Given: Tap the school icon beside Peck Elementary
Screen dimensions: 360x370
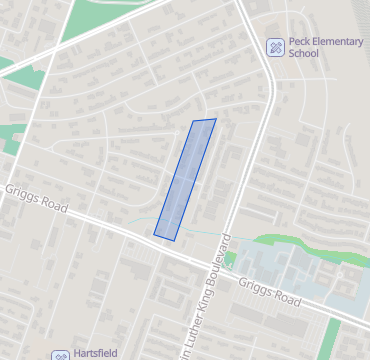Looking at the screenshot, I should [x=274, y=47].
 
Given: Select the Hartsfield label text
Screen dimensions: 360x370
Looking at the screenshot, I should [x=99, y=354].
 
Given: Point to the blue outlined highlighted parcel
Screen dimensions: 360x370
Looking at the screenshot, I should [x=186, y=178].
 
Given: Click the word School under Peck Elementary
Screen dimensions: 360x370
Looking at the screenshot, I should [x=303, y=53].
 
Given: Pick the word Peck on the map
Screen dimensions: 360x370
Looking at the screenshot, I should [x=301, y=41].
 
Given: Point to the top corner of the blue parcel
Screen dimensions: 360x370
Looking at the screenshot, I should [x=215, y=120].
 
